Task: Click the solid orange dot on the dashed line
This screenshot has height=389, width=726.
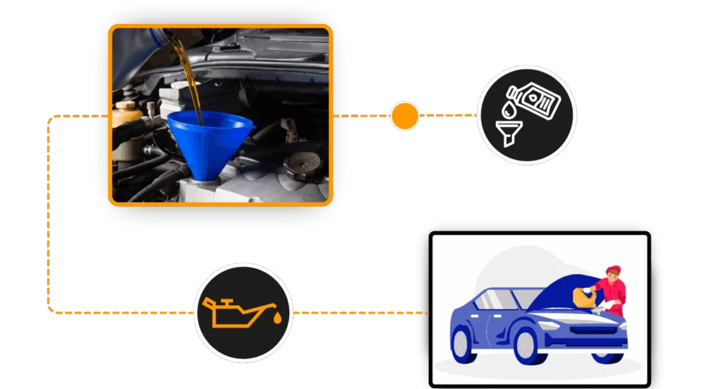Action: tap(405, 116)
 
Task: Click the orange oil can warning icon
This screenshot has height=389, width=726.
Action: tap(236, 311)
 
